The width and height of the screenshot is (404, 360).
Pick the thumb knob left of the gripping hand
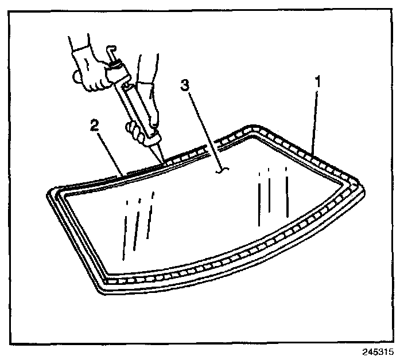click(75, 76)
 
